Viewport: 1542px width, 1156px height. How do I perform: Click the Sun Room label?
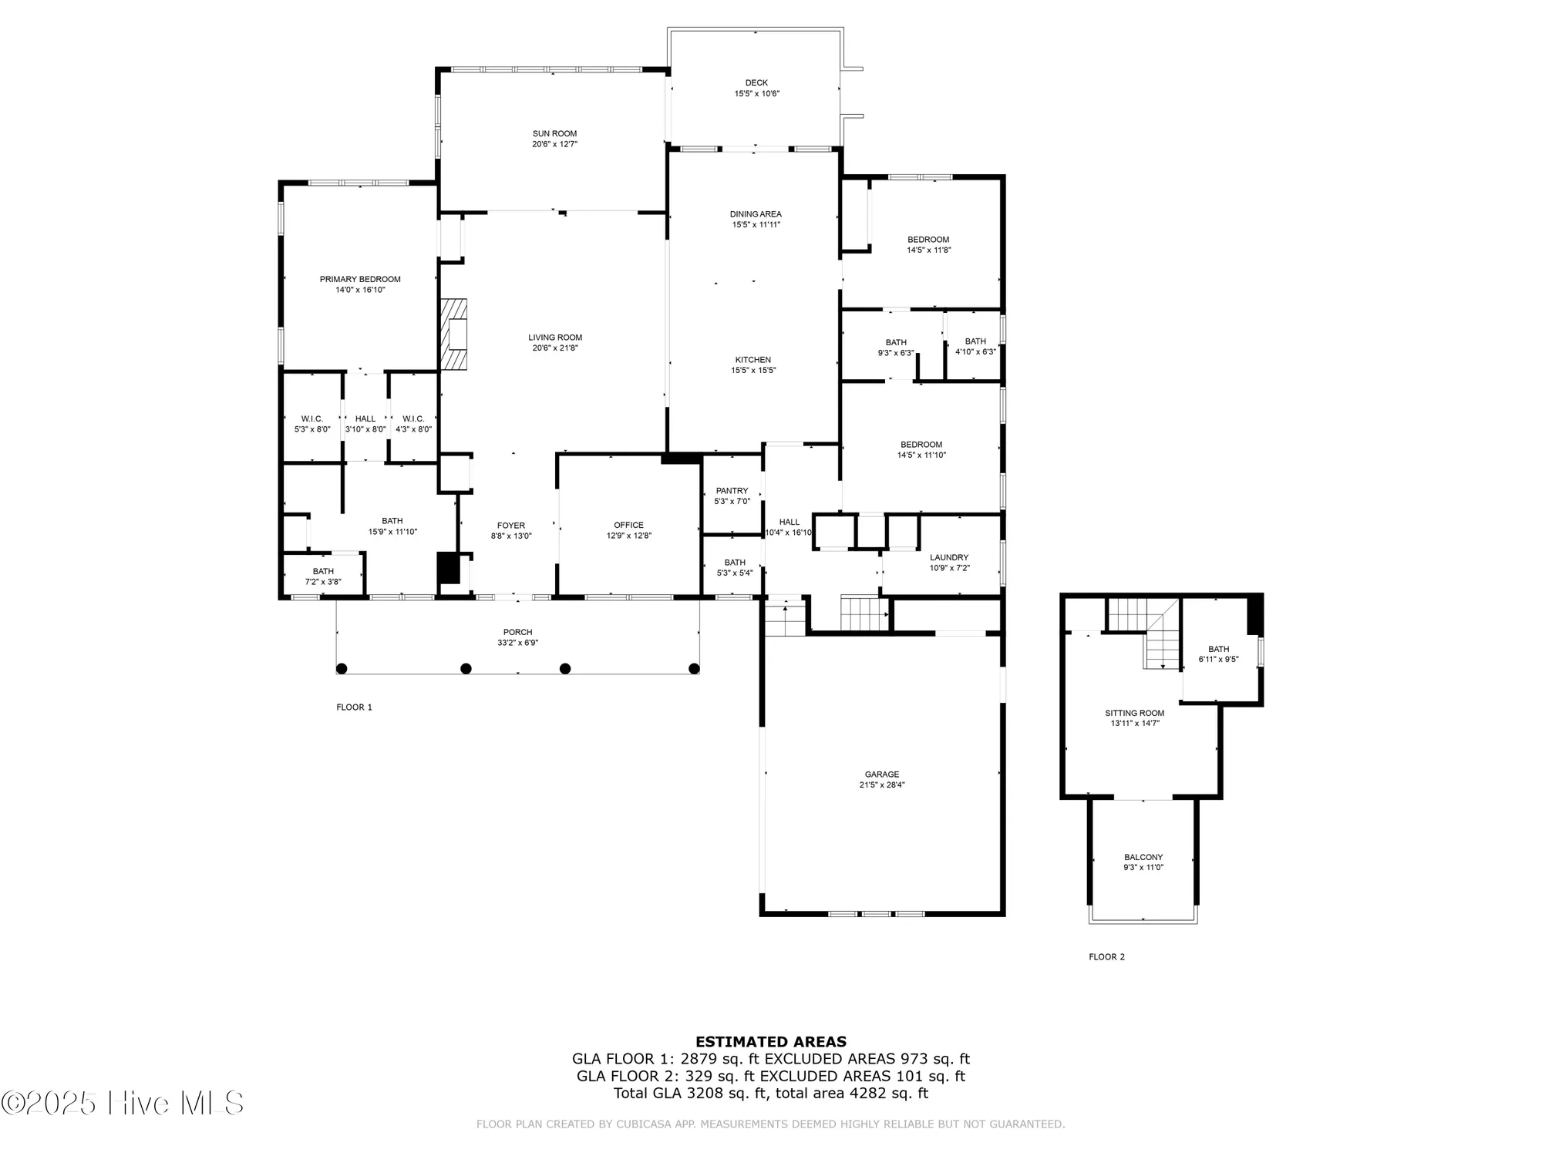(554, 133)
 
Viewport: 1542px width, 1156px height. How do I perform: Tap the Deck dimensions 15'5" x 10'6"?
(756, 94)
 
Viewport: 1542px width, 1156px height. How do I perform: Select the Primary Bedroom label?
(360, 279)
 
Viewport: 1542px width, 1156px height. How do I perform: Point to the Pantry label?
(732, 491)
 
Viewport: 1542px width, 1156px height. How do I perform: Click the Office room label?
(628, 526)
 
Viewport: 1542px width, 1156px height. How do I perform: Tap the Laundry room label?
(949, 557)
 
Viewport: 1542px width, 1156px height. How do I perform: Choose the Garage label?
(882, 775)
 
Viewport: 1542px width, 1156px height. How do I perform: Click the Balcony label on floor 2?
(1143, 857)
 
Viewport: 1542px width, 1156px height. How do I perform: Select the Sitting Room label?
(1134, 713)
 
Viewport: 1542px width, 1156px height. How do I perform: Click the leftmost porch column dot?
(342, 668)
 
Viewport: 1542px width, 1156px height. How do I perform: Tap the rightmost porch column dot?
(694, 668)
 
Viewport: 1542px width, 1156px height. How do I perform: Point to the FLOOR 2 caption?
(1106, 957)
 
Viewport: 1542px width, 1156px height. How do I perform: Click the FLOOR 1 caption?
(354, 707)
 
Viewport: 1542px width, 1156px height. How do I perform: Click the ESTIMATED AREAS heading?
(771, 1042)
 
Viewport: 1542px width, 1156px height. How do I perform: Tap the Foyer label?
(511, 526)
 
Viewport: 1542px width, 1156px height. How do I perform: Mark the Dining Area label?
(756, 214)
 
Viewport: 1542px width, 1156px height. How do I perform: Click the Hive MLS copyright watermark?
(123, 1103)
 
